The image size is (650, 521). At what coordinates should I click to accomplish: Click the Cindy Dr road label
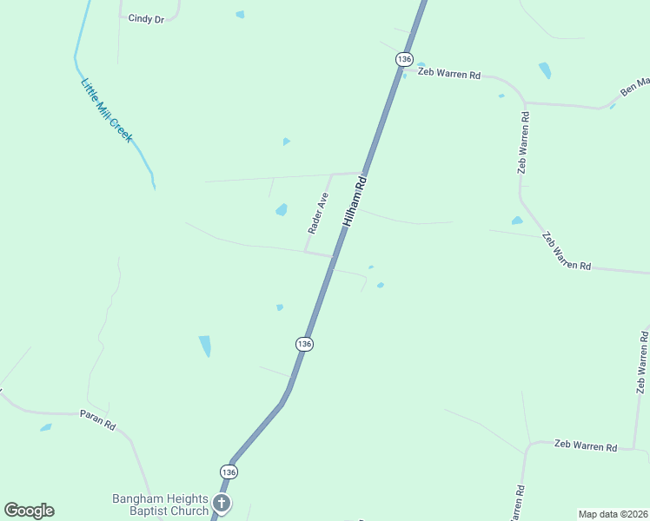[x=146, y=18]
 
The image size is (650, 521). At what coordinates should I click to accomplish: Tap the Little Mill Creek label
[x=106, y=110]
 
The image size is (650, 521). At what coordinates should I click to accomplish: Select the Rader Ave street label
[x=317, y=213]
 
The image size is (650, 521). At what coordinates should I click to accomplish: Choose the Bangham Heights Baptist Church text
[x=161, y=505]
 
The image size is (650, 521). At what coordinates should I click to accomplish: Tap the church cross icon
[x=222, y=504]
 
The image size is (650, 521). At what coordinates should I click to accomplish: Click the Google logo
[x=29, y=511]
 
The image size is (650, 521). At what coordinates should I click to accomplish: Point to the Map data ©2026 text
[x=614, y=513]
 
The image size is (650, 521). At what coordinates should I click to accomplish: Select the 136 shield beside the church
[x=228, y=472]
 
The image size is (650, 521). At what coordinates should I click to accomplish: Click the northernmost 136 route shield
[x=403, y=58]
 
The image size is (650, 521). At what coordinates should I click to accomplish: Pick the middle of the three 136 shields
[x=303, y=344]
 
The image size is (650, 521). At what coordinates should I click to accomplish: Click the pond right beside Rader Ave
[x=282, y=209]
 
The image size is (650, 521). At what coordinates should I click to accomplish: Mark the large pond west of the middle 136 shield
[x=205, y=346]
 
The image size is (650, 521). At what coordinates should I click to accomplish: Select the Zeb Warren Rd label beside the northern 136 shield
[x=449, y=75]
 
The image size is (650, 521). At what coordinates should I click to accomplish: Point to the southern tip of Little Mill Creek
[x=154, y=186]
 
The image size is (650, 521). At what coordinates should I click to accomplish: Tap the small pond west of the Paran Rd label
[x=45, y=427]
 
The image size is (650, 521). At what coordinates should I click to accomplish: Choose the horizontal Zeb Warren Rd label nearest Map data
[x=585, y=446]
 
